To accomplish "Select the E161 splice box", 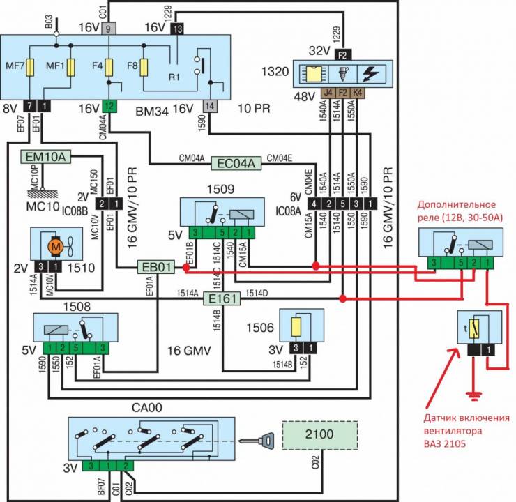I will click(x=221, y=299).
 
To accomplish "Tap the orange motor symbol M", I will click(x=53, y=246).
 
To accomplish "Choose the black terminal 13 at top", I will click(x=177, y=29).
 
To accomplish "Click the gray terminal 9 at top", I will click(x=109, y=29).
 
